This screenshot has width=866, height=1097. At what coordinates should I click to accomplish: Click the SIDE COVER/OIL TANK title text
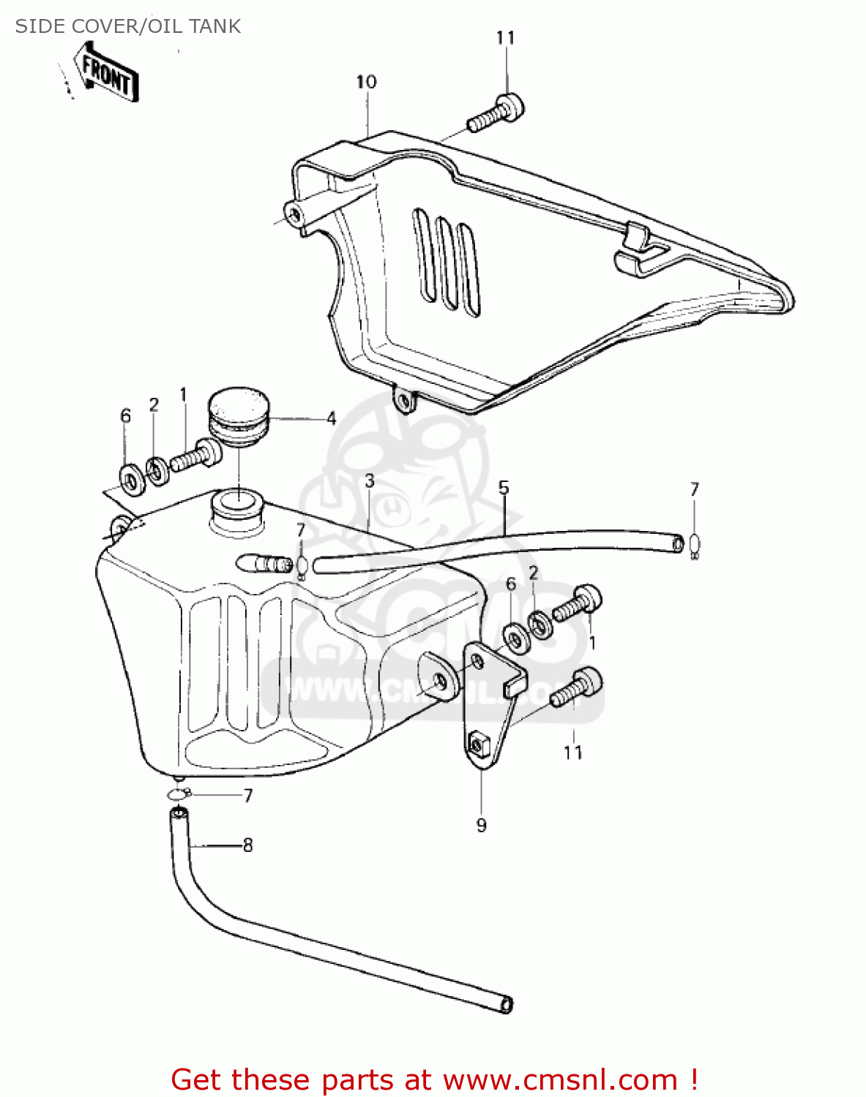[128, 26]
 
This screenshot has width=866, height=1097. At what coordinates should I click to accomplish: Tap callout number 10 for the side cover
[366, 82]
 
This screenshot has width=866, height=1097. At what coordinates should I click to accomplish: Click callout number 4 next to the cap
[332, 419]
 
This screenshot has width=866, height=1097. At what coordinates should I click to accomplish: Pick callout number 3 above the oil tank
[370, 481]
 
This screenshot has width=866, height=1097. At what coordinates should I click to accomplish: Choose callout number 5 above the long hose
[504, 488]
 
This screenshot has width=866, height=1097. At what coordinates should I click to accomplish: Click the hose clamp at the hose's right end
[695, 544]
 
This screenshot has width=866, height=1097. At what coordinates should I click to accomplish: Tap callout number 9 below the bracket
[481, 825]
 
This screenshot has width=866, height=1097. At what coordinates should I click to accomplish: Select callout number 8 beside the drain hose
[247, 845]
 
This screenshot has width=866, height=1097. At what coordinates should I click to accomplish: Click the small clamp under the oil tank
[178, 795]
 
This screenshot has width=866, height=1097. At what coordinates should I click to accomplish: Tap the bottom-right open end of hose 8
[505, 1005]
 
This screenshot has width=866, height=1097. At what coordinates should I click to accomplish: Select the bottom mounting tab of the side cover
[403, 399]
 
